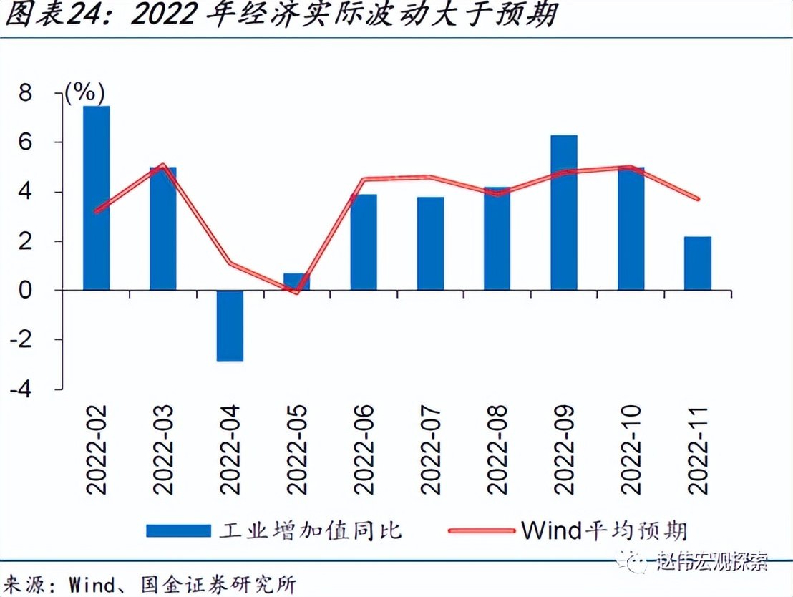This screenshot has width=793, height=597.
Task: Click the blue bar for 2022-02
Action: click(x=97, y=198)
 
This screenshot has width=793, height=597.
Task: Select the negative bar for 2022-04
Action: click(x=230, y=326)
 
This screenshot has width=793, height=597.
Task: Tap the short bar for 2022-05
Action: click(x=297, y=281)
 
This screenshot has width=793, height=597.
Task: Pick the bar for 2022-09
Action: click(x=564, y=213)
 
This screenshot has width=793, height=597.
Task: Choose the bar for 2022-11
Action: click(x=697, y=263)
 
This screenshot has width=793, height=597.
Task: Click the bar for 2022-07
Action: click(x=430, y=243)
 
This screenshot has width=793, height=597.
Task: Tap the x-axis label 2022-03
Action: click(x=163, y=449)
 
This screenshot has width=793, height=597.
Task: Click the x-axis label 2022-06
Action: click(x=364, y=449)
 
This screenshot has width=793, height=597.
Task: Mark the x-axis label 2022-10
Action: click(x=631, y=449)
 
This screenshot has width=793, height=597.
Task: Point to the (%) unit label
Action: click(x=84, y=92)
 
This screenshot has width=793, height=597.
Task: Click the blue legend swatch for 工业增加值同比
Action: click(x=178, y=530)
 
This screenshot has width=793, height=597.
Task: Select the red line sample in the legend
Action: click(x=481, y=530)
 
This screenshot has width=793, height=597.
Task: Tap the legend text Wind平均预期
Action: click(x=604, y=530)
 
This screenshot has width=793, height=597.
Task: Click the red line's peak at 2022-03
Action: click(x=163, y=165)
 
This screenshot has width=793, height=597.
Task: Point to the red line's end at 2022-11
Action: click(x=697, y=199)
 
